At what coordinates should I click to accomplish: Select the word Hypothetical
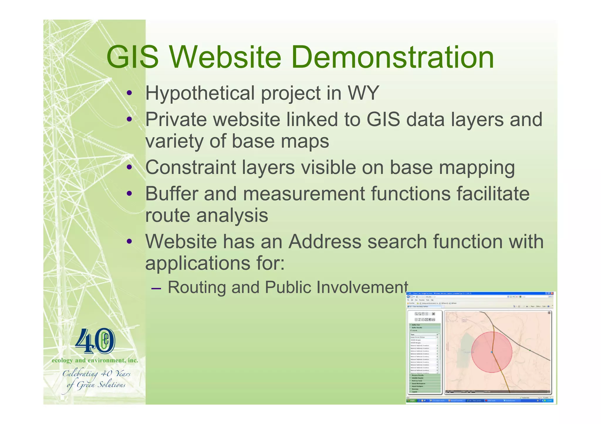point(200,93)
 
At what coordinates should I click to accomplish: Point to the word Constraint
point(190,167)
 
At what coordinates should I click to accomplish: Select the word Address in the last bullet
point(325,242)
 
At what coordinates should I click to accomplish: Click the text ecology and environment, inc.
point(95,360)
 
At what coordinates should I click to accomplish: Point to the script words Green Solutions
point(101,385)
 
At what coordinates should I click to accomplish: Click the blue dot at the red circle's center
point(492,352)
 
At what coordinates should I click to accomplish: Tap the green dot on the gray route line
point(530,350)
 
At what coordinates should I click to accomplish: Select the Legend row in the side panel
point(414,392)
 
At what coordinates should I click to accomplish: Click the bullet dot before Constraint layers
point(129,168)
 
